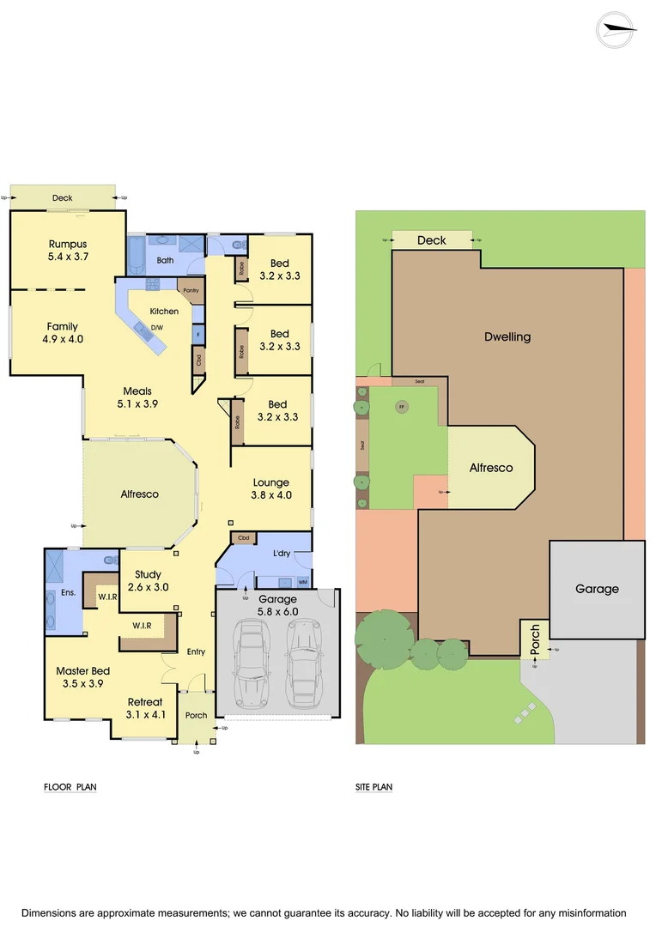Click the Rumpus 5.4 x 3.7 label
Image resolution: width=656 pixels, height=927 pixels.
point(69,250)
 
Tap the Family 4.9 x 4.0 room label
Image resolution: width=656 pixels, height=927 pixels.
point(62,332)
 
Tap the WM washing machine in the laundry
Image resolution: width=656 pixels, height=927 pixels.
point(302,581)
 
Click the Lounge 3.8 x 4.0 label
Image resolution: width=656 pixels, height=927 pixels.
point(271,488)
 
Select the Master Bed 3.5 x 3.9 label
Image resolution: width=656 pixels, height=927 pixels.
point(82,677)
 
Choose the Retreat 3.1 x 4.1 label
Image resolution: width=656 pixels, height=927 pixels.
point(145,708)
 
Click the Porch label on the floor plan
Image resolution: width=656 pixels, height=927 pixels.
point(196,715)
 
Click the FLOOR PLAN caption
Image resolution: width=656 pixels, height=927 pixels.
point(70,786)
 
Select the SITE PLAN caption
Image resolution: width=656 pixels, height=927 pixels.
point(374,786)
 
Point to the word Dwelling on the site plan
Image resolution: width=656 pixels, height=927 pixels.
point(507,336)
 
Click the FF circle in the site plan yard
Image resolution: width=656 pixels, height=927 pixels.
point(401,407)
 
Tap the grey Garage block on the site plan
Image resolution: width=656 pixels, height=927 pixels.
point(597,589)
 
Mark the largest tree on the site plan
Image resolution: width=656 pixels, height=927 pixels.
point(384,639)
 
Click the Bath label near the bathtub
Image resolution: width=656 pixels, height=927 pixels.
point(166,261)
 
